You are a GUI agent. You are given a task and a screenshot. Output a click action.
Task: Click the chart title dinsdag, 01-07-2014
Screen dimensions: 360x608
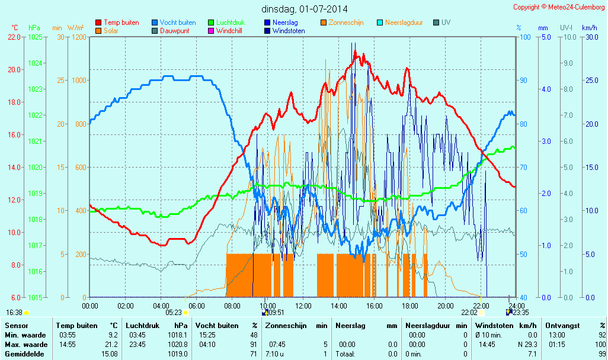coord(305,9)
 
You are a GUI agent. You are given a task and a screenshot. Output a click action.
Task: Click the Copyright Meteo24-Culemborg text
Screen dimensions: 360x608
coord(559,7)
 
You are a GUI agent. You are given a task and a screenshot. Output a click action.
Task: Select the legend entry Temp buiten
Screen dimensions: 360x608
coord(121,22)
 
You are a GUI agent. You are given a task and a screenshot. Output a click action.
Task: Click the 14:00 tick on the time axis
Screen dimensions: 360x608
coord(339,306)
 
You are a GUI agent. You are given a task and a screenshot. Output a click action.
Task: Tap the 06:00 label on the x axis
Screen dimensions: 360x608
coord(197,306)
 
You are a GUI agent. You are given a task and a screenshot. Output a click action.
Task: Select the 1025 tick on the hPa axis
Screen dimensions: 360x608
coord(35,37)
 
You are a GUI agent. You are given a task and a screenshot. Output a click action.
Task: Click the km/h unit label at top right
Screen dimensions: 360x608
coord(589,28)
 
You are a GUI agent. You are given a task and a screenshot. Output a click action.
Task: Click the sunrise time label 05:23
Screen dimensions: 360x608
coord(174,312)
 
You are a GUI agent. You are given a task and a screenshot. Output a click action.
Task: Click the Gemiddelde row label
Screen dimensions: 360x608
coord(23,354)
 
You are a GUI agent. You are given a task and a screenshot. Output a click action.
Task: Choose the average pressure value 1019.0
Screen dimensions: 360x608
coord(178,354)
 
